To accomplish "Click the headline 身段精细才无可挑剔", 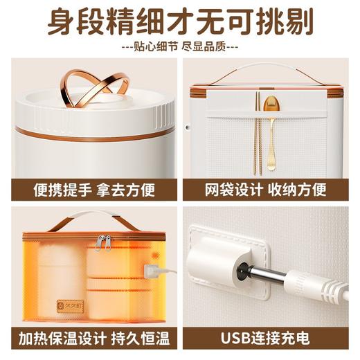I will [180, 23].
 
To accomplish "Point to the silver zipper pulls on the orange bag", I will [102, 242].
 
